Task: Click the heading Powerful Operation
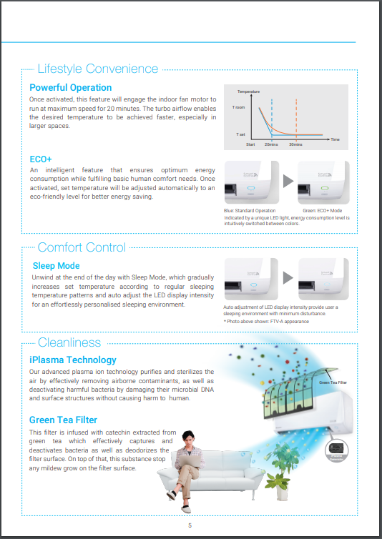pyautogui.click(x=70, y=88)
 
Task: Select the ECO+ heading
pyautogui.click(x=41, y=158)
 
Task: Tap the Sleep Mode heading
pyautogui.click(x=56, y=266)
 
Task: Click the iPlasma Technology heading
pyautogui.click(x=72, y=360)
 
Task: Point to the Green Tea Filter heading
pyautogui.click(x=63, y=420)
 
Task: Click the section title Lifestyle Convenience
pyautogui.click(x=97, y=69)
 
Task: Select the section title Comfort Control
pyautogui.click(x=82, y=247)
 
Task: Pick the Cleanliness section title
pyautogui.click(x=69, y=342)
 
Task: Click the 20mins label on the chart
pyautogui.click(x=271, y=144)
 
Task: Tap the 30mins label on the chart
pyautogui.click(x=296, y=144)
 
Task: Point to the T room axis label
pyautogui.click(x=239, y=107)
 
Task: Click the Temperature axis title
pyautogui.click(x=248, y=92)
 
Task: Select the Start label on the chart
pyautogui.click(x=250, y=144)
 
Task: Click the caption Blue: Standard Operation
pyautogui.click(x=250, y=211)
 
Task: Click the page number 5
pyautogui.click(x=190, y=525)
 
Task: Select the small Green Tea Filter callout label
pyautogui.click(x=333, y=384)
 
